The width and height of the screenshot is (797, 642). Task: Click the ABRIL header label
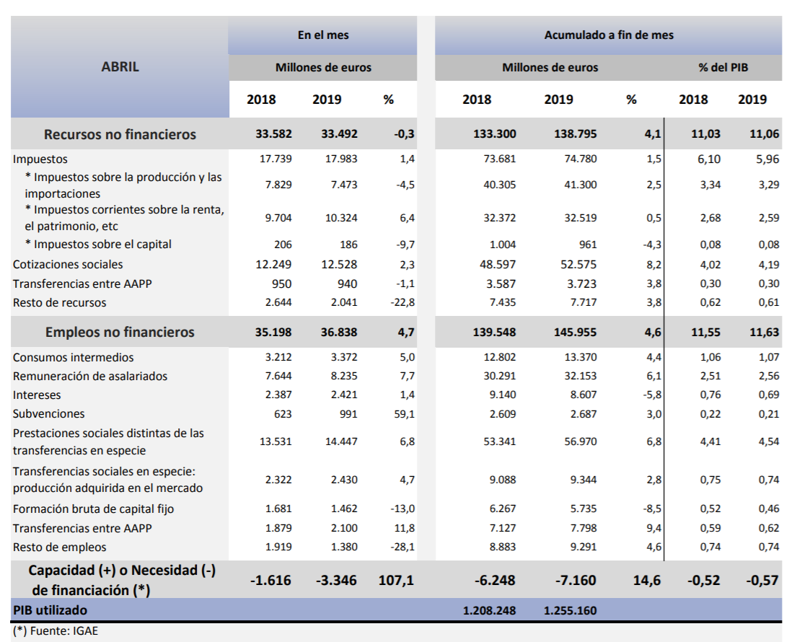[x=120, y=67]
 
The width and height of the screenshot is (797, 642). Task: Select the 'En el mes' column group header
[x=323, y=35]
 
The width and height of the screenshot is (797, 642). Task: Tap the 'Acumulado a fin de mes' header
[x=609, y=35]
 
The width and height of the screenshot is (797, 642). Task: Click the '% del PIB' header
[x=723, y=67]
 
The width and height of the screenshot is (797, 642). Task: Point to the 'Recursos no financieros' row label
[x=120, y=134]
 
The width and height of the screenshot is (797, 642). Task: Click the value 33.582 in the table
[x=276, y=134]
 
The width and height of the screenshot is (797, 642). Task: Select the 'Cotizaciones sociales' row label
[x=68, y=265]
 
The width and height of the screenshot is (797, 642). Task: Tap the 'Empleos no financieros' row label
[x=120, y=333]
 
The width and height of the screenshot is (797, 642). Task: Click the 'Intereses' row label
[x=37, y=395]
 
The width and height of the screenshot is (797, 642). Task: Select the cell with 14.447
[x=341, y=441]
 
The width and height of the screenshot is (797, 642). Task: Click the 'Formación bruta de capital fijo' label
[x=94, y=509]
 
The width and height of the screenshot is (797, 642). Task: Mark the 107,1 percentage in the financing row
[x=396, y=580]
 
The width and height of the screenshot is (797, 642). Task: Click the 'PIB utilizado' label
[x=50, y=610]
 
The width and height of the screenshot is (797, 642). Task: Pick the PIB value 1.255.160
[x=570, y=610]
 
